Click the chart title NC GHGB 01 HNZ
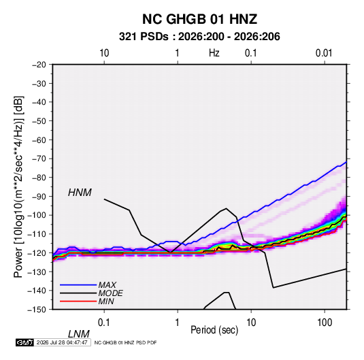[x=199, y=19]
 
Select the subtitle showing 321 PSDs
[x=199, y=37]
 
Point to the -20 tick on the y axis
[x=39, y=65]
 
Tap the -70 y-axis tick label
[x=39, y=159]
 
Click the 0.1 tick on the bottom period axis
[x=104, y=323]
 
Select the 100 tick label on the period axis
[x=325, y=323]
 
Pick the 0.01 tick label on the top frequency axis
[x=324, y=53]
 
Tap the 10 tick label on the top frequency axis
[x=104, y=53]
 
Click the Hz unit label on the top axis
[x=214, y=53]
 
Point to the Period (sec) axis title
[x=214, y=330]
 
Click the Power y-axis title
[x=18, y=187]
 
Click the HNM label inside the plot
[x=80, y=193]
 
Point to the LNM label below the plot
[x=79, y=334]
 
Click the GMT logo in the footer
[x=24, y=342]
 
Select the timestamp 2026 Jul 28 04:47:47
[x=62, y=342]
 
